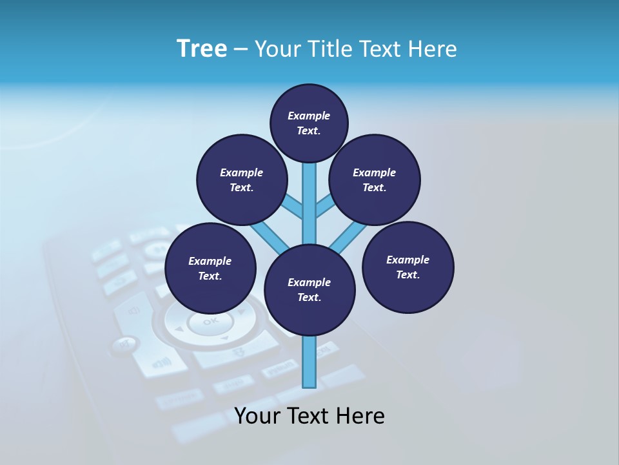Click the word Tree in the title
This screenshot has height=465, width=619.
pyautogui.click(x=202, y=49)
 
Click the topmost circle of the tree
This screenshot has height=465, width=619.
pyautogui.click(x=309, y=123)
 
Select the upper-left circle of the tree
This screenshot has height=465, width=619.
pyautogui.click(x=242, y=180)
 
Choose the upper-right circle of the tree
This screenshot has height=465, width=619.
pyautogui.click(x=375, y=180)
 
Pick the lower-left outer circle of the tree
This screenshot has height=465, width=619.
pyautogui.click(x=210, y=268)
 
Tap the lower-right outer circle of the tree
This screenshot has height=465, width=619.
pyautogui.click(x=408, y=267)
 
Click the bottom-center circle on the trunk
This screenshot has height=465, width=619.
pyautogui.click(x=309, y=289)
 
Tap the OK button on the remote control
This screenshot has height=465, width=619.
pyautogui.click(x=210, y=322)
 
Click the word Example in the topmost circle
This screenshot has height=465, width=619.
pyautogui.click(x=309, y=116)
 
